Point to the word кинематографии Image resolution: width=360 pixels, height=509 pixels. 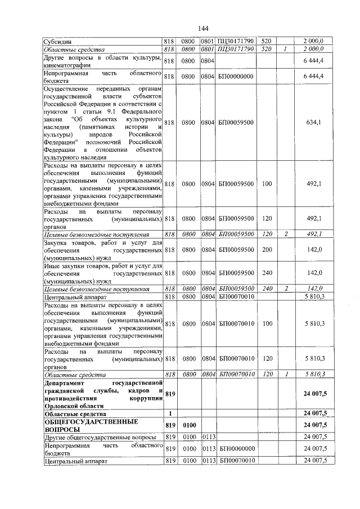tap(67, 65)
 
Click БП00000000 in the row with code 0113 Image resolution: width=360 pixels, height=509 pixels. tap(236, 448)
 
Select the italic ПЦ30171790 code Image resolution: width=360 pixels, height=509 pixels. tap(236, 49)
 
